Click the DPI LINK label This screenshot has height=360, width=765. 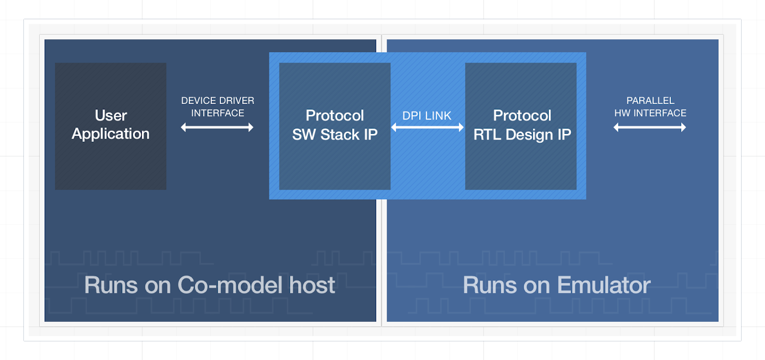tap(427, 115)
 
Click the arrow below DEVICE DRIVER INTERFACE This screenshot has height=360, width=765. tap(217, 127)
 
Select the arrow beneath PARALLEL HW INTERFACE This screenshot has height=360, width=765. tap(650, 127)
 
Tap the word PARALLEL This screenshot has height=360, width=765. tap(650, 101)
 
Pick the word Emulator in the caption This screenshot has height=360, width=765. tap(604, 285)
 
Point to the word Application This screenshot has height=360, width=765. tap(110, 134)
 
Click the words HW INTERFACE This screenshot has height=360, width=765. tap(650, 113)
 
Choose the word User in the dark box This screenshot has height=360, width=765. tap(110, 115)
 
